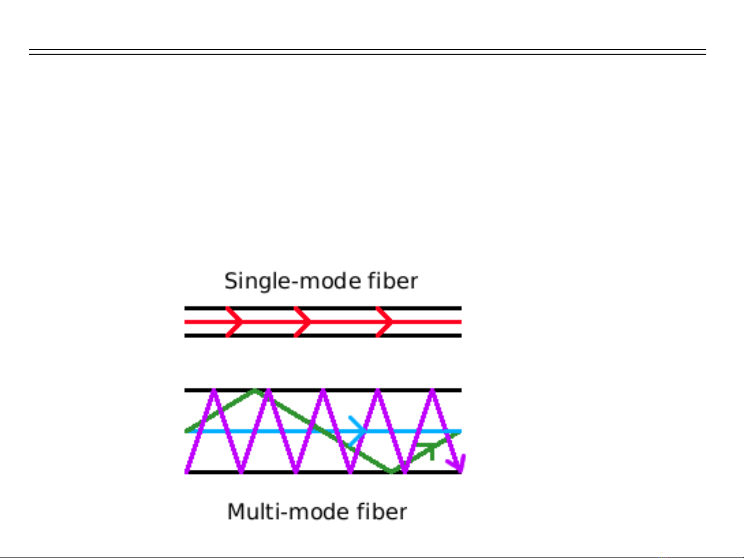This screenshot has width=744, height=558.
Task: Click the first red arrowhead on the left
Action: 235,322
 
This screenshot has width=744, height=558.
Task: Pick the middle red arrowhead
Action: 304,322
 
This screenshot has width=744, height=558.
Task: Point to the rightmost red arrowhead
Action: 385,322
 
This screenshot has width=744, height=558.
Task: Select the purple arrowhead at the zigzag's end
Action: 458,463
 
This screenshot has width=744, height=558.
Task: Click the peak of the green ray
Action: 255,391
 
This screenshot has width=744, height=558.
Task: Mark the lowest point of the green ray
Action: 392,471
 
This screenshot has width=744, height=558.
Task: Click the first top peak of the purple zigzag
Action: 213,391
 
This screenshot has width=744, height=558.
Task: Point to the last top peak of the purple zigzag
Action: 432,391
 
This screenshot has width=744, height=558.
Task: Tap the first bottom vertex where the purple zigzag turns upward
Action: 241,471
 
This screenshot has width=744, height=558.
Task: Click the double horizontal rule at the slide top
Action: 367,52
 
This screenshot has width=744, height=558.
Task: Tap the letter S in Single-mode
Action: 231,281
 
